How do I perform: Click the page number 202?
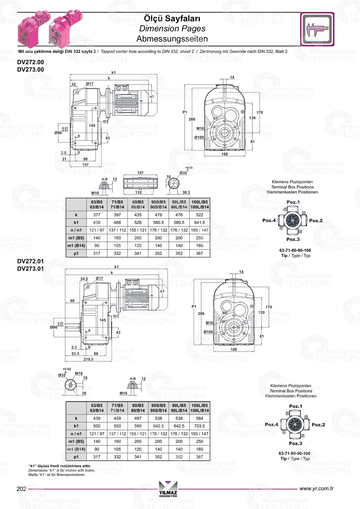pyautogui.click(x=22, y=489)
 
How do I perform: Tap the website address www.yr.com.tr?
pyautogui.click(x=316, y=488)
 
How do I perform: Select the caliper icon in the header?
pyautogui.click(x=317, y=30)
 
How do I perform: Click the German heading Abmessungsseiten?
pyautogui.click(x=172, y=39)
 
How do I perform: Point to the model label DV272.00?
pyautogui.click(x=31, y=62)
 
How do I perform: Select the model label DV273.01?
pyautogui.click(x=31, y=269)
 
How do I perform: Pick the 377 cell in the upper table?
pyautogui.click(x=97, y=215)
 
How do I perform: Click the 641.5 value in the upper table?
pyautogui.click(x=199, y=222)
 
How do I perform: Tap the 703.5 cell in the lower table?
pyautogui.click(x=199, y=426)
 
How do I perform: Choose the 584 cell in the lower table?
pyautogui.click(x=199, y=418)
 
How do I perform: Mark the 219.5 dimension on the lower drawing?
pyautogui.click(x=88, y=359)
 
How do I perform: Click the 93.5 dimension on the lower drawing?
pyautogui.click(x=75, y=353)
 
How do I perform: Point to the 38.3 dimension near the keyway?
pyautogui.click(x=186, y=193)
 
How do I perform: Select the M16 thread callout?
pyautogui.click(x=79, y=374)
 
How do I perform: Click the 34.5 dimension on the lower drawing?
pyautogui.click(x=84, y=279)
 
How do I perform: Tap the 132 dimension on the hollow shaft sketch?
pyautogui.click(x=138, y=193)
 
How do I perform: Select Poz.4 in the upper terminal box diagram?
pyautogui.click(x=269, y=220)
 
